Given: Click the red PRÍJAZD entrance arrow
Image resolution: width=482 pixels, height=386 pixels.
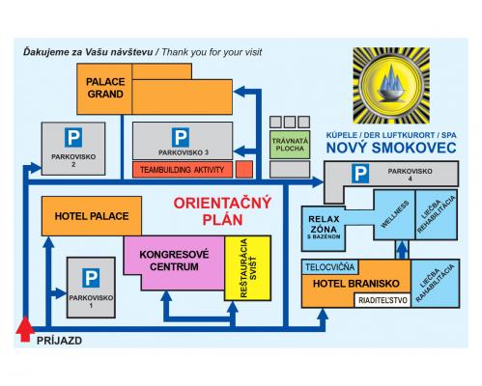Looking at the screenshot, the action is (25, 329).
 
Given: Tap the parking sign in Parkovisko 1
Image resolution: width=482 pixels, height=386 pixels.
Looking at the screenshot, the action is (91, 278).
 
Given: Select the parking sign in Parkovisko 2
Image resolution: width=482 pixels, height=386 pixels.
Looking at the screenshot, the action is (73, 137).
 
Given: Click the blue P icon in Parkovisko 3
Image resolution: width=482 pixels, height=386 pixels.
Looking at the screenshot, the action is (181, 137).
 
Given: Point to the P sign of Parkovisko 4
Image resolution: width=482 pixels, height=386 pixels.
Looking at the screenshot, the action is (360, 174).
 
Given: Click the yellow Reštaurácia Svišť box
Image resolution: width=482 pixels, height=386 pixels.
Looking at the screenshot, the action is (247, 268).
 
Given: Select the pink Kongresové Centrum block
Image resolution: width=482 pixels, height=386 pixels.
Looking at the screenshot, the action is (174, 262).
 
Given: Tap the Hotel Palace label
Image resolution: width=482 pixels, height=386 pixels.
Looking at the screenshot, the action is (92, 216).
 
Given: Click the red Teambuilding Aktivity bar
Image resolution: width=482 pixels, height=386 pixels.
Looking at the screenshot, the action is (183, 170).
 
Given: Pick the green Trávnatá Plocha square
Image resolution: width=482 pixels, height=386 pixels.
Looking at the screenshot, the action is (290, 145).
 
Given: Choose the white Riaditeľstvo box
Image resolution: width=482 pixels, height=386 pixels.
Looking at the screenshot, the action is (383, 300).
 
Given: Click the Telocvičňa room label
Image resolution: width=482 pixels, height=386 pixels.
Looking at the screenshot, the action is (330, 267).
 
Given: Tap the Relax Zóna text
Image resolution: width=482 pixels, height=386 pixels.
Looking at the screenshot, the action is (324, 228).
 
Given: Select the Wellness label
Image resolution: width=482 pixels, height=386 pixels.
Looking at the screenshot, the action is (395, 214).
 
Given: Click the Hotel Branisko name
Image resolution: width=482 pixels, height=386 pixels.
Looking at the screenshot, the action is (356, 284).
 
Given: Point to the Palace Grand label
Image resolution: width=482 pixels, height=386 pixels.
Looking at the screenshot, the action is (105, 88).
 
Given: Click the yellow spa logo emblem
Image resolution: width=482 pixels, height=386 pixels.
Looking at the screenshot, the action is (391, 85).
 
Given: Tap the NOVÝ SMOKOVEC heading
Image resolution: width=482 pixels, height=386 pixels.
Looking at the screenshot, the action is (391, 148).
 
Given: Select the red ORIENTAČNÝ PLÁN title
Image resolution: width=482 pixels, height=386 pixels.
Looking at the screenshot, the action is (222, 211).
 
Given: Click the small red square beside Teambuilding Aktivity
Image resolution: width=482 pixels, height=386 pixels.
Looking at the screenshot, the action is (244, 170).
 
